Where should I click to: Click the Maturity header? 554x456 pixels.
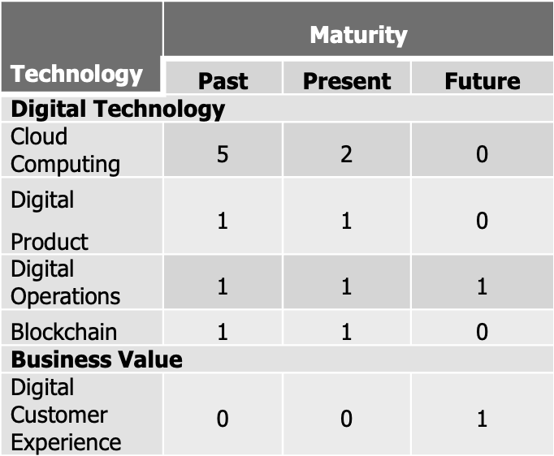tap(358, 35)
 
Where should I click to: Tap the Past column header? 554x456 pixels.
tap(223, 81)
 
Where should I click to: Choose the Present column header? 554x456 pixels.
tap(347, 81)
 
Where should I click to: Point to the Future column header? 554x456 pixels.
tap(483, 81)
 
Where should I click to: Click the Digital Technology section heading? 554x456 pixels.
tap(118, 109)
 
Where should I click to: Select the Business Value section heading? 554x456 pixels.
tap(97, 359)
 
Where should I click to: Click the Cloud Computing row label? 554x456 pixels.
tap(65, 150)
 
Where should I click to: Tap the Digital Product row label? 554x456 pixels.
tap(50, 221)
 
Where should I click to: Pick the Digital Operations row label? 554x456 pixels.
tap(65, 282)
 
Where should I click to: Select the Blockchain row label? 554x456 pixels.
tap(63, 332)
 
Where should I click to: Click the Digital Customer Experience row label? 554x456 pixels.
tap(66, 415)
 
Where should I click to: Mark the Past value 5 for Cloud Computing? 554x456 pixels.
tap(223, 154)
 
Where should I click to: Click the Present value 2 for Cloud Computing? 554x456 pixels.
tap(347, 154)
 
